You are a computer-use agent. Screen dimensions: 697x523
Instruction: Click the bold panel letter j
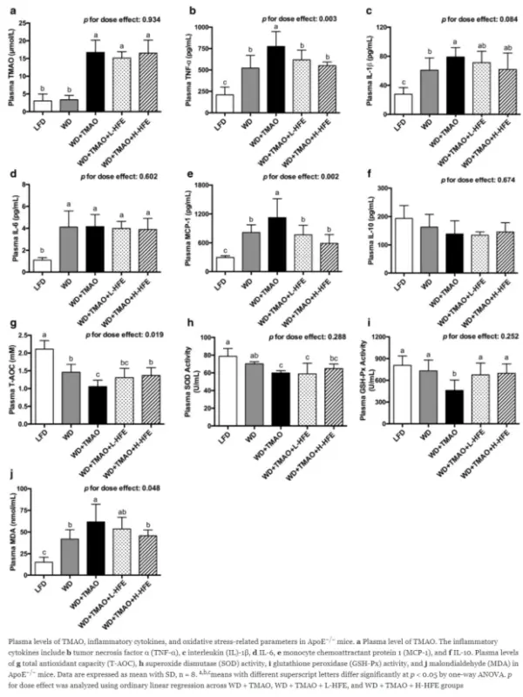tap(9, 475)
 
